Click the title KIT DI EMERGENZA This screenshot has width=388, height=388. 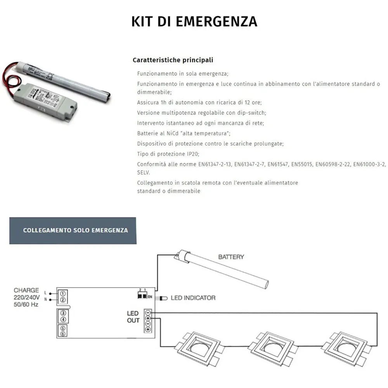click(194, 21)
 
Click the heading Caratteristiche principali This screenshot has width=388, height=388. click(173, 60)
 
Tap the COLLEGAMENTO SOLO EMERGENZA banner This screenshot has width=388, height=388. click(75, 230)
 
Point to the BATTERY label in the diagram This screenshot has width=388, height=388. click(231, 257)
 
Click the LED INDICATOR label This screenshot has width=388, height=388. click(193, 298)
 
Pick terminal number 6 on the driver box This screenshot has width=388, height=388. click(63, 334)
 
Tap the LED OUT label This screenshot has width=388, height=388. click(133, 317)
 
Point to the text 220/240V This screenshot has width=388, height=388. click(26, 297)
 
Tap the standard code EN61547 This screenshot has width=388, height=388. click(278, 164)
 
